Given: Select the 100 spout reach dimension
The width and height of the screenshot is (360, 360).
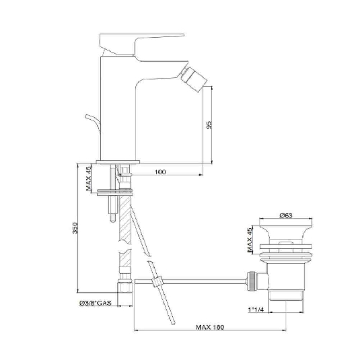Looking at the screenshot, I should [x=160, y=172].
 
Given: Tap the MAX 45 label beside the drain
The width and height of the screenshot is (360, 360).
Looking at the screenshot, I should [x=248, y=240].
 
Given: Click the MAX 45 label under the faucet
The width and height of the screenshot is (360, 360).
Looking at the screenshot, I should [x=89, y=179].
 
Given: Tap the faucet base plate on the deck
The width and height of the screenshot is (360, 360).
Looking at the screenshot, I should [x=118, y=161].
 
